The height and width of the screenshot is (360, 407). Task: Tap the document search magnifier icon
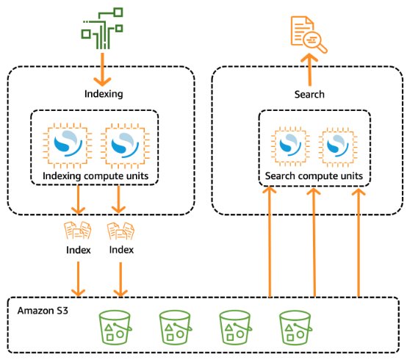[x=309, y=35]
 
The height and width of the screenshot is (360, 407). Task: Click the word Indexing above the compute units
[x=104, y=94]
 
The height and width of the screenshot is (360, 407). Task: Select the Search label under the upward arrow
[x=309, y=94]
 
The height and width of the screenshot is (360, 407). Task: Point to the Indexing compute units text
[x=96, y=176]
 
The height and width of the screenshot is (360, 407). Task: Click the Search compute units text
[x=314, y=176]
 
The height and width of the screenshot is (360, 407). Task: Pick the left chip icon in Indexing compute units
[x=68, y=146]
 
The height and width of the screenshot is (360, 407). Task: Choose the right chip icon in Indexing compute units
[x=125, y=146]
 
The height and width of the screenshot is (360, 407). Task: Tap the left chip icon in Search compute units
[x=290, y=146]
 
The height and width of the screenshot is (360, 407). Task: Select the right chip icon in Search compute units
[x=337, y=146]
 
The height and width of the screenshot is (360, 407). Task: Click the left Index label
[x=79, y=250]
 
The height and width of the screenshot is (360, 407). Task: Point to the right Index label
[x=121, y=250]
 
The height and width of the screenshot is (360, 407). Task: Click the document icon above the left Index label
[x=78, y=230]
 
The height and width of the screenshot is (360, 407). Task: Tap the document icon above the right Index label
[x=120, y=231]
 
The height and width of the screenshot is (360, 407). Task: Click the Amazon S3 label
[x=43, y=311]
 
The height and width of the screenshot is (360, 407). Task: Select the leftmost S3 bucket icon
[x=115, y=328]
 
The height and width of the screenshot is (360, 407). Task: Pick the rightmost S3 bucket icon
[x=295, y=328]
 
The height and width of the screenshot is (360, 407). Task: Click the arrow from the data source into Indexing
[x=102, y=70]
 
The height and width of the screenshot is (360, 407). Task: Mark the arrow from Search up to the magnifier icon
[x=309, y=70]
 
